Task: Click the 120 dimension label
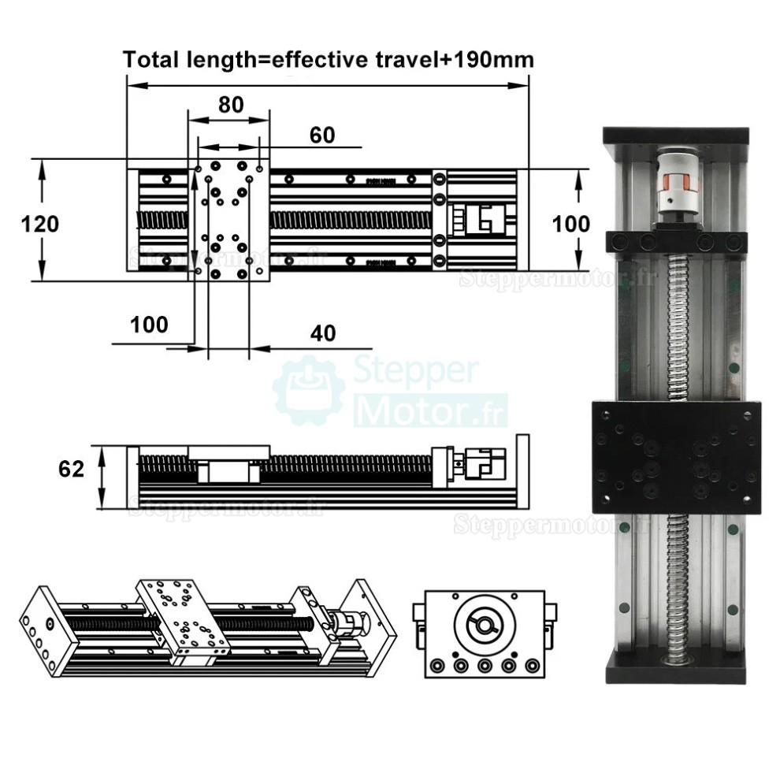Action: (x=39, y=224)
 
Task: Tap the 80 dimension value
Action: (x=230, y=105)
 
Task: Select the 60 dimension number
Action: (x=321, y=135)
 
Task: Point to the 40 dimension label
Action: (x=322, y=333)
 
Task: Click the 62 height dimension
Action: (x=71, y=469)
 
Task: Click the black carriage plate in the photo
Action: (x=675, y=457)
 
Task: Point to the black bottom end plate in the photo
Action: (x=675, y=672)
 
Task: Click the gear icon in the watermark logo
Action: (x=308, y=391)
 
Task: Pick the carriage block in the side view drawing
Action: (x=228, y=470)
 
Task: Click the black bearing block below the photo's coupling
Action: (x=676, y=240)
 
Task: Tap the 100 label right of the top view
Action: (x=570, y=224)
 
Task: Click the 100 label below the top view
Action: (x=150, y=324)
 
